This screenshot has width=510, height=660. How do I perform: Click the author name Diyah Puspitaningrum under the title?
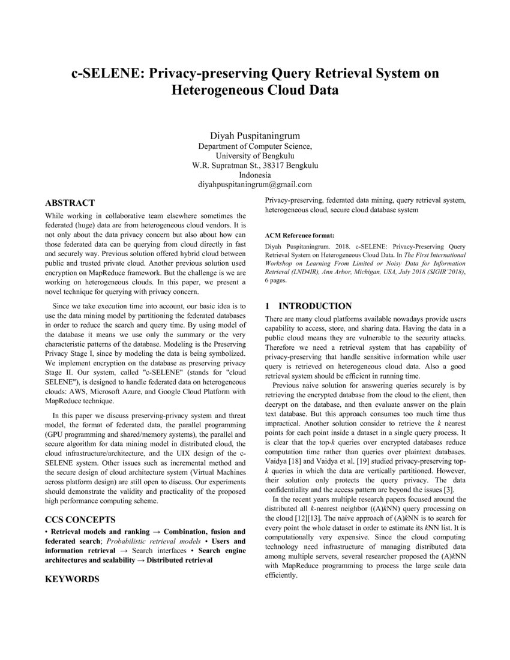[x=254, y=135]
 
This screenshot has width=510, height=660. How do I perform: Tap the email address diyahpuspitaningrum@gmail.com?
[x=254, y=184]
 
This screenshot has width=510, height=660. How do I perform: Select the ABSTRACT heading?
[x=70, y=203]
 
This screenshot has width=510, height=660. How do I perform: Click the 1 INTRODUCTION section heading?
[x=308, y=306]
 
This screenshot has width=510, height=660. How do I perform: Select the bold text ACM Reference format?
[x=299, y=235]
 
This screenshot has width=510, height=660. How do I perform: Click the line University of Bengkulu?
[x=254, y=155]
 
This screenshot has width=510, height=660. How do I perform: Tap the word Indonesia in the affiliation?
[x=254, y=175]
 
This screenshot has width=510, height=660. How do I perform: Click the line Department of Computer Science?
[x=254, y=145]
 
